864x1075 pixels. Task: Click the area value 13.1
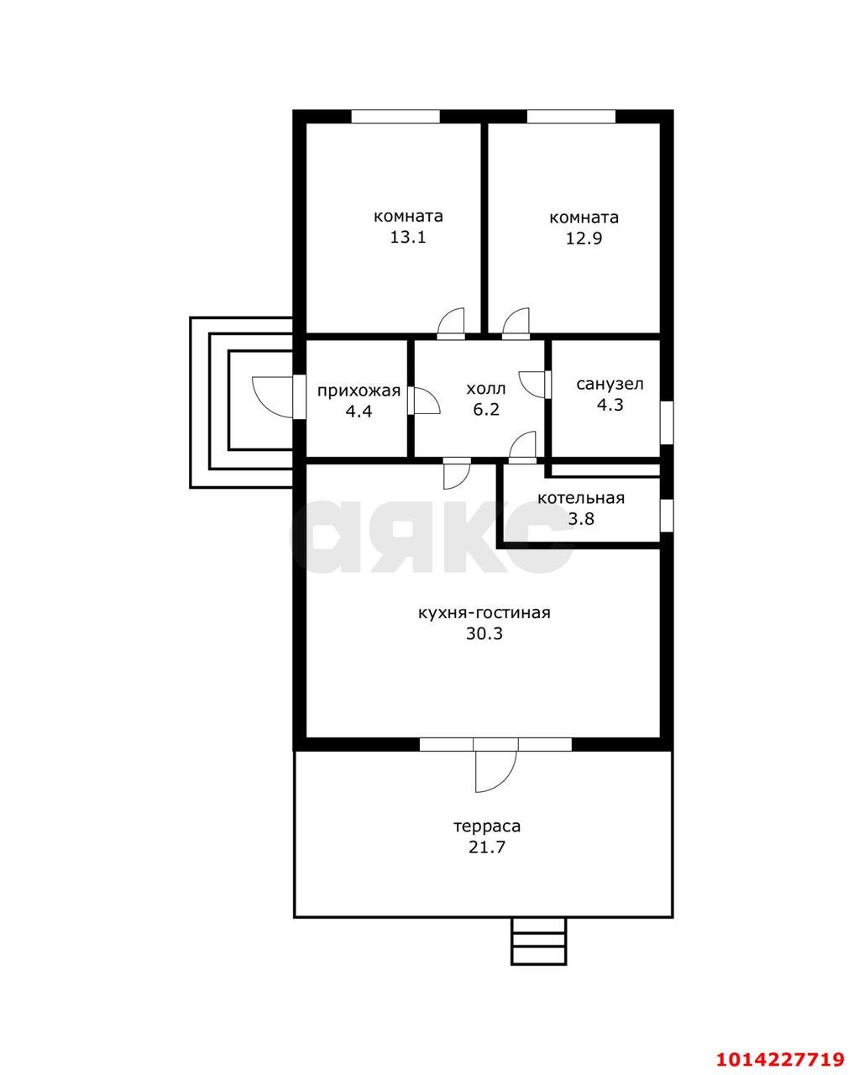pyautogui.click(x=408, y=238)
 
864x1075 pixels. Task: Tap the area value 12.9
pyautogui.click(x=584, y=239)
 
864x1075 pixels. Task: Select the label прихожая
pyautogui.click(x=359, y=391)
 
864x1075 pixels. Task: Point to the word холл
pyautogui.click(x=486, y=389)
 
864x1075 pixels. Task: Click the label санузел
pyautogui.click(x=610, y=385)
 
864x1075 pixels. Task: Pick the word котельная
pyautogui.click(x=581, y=498)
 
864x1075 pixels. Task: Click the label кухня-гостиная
pyautogui.click(x=484, y=613)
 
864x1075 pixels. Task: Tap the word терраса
pyautogui.click(x=487, y=826)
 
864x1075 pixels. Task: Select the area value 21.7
pyautogui.click(x=487, y=847)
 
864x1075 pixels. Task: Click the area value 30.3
pyautogui.click(x=484, y=634)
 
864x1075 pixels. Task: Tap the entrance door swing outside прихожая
pyautogui.click(x=273, y=397)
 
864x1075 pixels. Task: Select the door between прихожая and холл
pyautogui.click(x=423, y=401)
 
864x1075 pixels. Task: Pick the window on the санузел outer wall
pyautogui.click(x=667, y=422)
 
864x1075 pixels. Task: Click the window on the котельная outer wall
pyautogui.click(x=667, y=515)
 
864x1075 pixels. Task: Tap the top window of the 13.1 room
pyautogui.click(x=395, y=117)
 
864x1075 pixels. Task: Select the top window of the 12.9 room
pyautogui.click(x=571, y=117)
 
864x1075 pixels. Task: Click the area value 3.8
pyautogui.click(x=581, y=519)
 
